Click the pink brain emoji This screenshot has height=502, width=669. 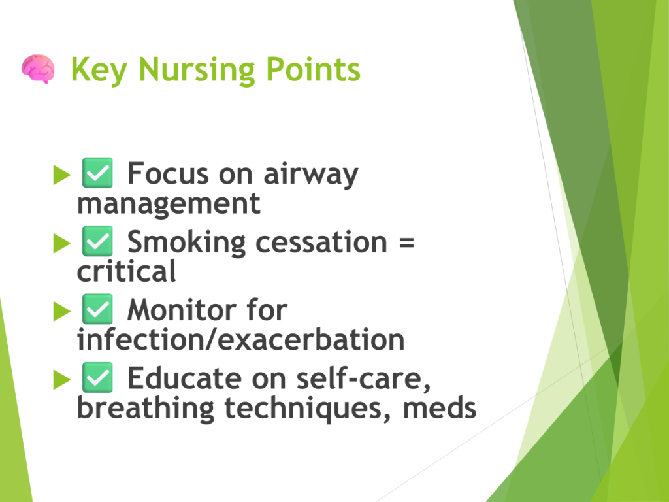pos(38,69)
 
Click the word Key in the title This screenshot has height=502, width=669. pos(99,69)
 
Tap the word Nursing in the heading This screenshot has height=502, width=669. pos(197,69)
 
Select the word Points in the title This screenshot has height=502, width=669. pos(313,69)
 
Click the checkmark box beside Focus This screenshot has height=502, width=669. pos(97,173)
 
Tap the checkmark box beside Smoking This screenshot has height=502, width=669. pos(97,241)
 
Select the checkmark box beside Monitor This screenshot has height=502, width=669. pos(97,309)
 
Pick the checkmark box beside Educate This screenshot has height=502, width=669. pos(97,377)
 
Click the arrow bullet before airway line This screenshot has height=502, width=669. pos(62,175)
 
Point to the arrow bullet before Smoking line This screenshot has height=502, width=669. pos(62,243)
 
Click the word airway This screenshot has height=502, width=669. pos(310,175)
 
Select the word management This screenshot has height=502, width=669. pos(169,205)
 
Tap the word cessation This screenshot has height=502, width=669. pos(321,242)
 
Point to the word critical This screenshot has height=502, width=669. pos(126,271)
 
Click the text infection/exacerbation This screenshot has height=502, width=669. pos(240,339)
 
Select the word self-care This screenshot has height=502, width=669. pos(363,379)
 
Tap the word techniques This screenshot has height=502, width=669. pos(308,409)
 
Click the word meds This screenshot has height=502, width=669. pos(440,408)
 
